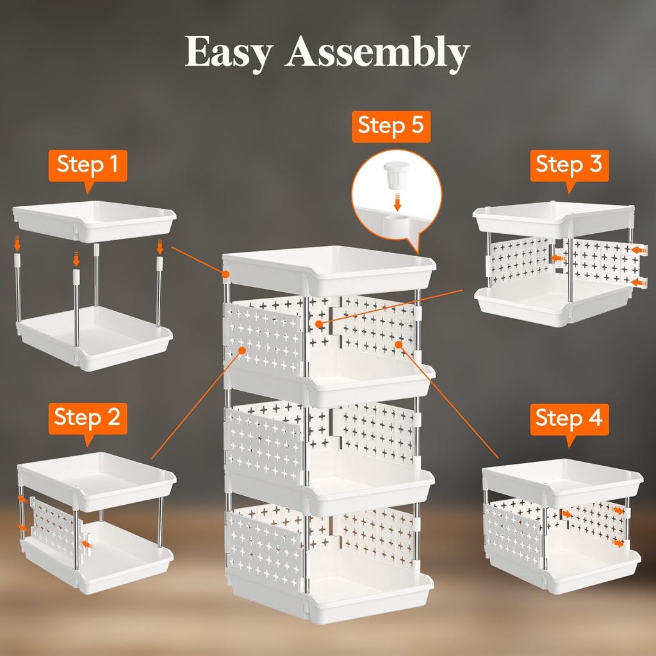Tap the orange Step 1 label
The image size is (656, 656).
coord(88,165)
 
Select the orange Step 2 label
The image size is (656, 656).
coord(87,418)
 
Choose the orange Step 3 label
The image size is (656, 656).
coord(569,165)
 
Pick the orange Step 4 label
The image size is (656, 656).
coord(569,419)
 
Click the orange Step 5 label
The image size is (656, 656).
coord(391,126)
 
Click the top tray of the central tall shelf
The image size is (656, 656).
coord(329,269)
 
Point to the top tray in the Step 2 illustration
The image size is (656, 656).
coord(96,474)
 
